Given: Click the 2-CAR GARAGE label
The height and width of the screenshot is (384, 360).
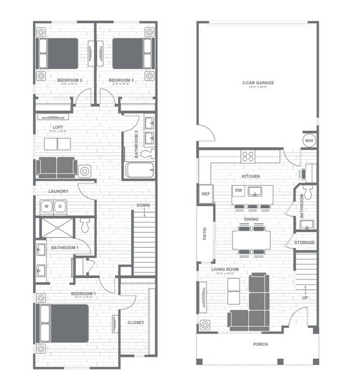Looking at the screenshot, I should [x=258, y=83].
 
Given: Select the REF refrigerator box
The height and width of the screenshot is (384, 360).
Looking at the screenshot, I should [x=205, y=194].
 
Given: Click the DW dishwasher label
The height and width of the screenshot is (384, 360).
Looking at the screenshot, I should [x=239, y=190].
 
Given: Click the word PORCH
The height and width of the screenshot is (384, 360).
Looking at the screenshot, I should [x=260, y=344].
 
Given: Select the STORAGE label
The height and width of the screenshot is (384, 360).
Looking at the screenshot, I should [x=304, y=242].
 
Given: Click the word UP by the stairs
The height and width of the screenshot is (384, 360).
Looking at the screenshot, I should [x=305, y=297].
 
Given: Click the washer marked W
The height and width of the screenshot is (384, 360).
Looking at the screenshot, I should [x=46, y=207].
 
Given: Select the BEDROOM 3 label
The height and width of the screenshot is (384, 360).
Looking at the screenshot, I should [x=120, y=81].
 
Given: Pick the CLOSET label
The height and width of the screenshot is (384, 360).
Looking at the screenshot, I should [x=136, y=322].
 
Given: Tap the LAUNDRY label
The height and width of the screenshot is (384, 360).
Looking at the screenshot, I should [x=58, y=192].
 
